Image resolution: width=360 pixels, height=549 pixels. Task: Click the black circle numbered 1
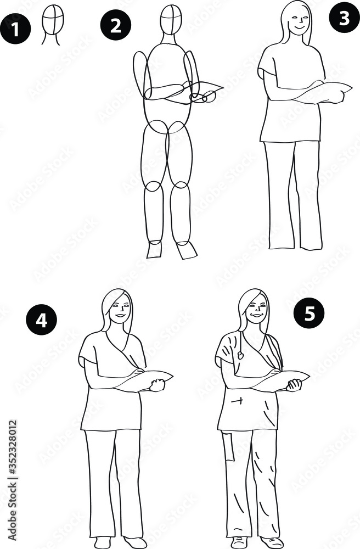(16, 27)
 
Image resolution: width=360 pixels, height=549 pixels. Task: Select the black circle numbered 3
(344, 18)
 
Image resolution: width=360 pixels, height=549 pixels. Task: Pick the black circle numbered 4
(41, 320)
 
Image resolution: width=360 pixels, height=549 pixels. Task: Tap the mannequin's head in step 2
(171, 19)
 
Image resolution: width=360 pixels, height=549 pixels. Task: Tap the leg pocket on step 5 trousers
(228, 446)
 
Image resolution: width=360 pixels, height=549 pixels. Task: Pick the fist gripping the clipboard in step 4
(158, 385)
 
